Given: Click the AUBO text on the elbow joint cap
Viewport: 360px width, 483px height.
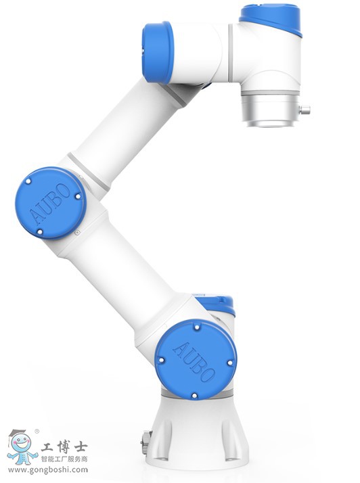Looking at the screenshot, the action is coord(49,204).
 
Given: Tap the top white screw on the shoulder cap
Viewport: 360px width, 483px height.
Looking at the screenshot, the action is coord(197,327).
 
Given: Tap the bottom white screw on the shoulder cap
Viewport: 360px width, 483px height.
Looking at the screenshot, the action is coord(194,395).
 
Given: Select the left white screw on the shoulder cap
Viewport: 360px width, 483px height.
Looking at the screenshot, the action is coord(160,360).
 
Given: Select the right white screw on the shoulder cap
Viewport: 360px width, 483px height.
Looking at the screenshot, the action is coord(229,363).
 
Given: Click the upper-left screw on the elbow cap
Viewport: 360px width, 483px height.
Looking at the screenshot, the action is coord(28,181).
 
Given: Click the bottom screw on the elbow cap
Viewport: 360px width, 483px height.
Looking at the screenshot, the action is coord(39,231).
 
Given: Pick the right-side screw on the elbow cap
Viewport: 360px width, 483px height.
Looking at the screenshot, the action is coord(78,196).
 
